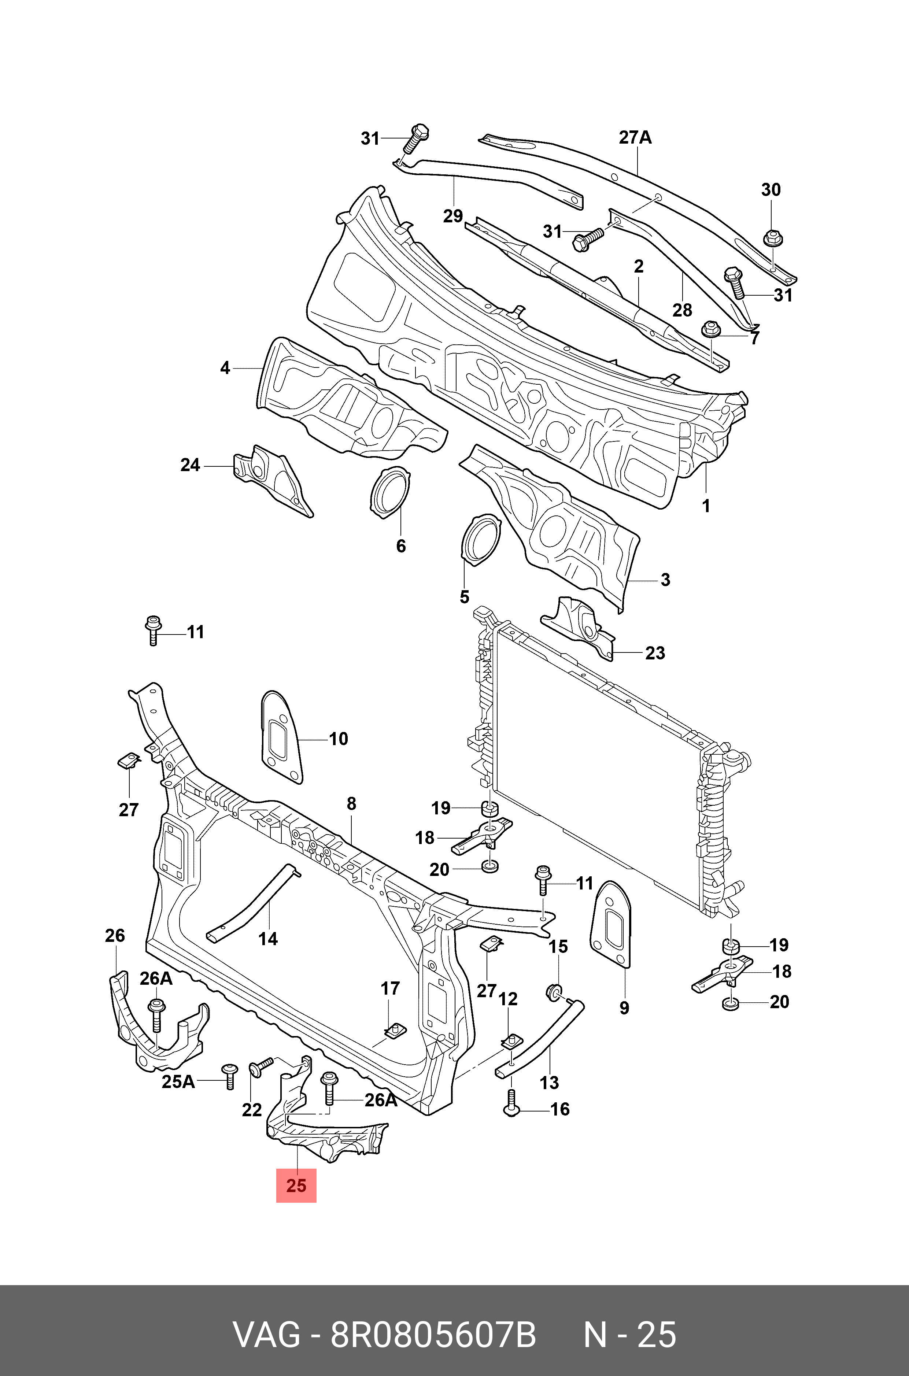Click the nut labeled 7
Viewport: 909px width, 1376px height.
710,330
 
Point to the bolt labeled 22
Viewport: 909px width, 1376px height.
261,1066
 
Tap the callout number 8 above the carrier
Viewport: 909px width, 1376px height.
351,803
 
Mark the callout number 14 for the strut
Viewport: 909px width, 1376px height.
268,938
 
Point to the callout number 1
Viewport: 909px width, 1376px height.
706,506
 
